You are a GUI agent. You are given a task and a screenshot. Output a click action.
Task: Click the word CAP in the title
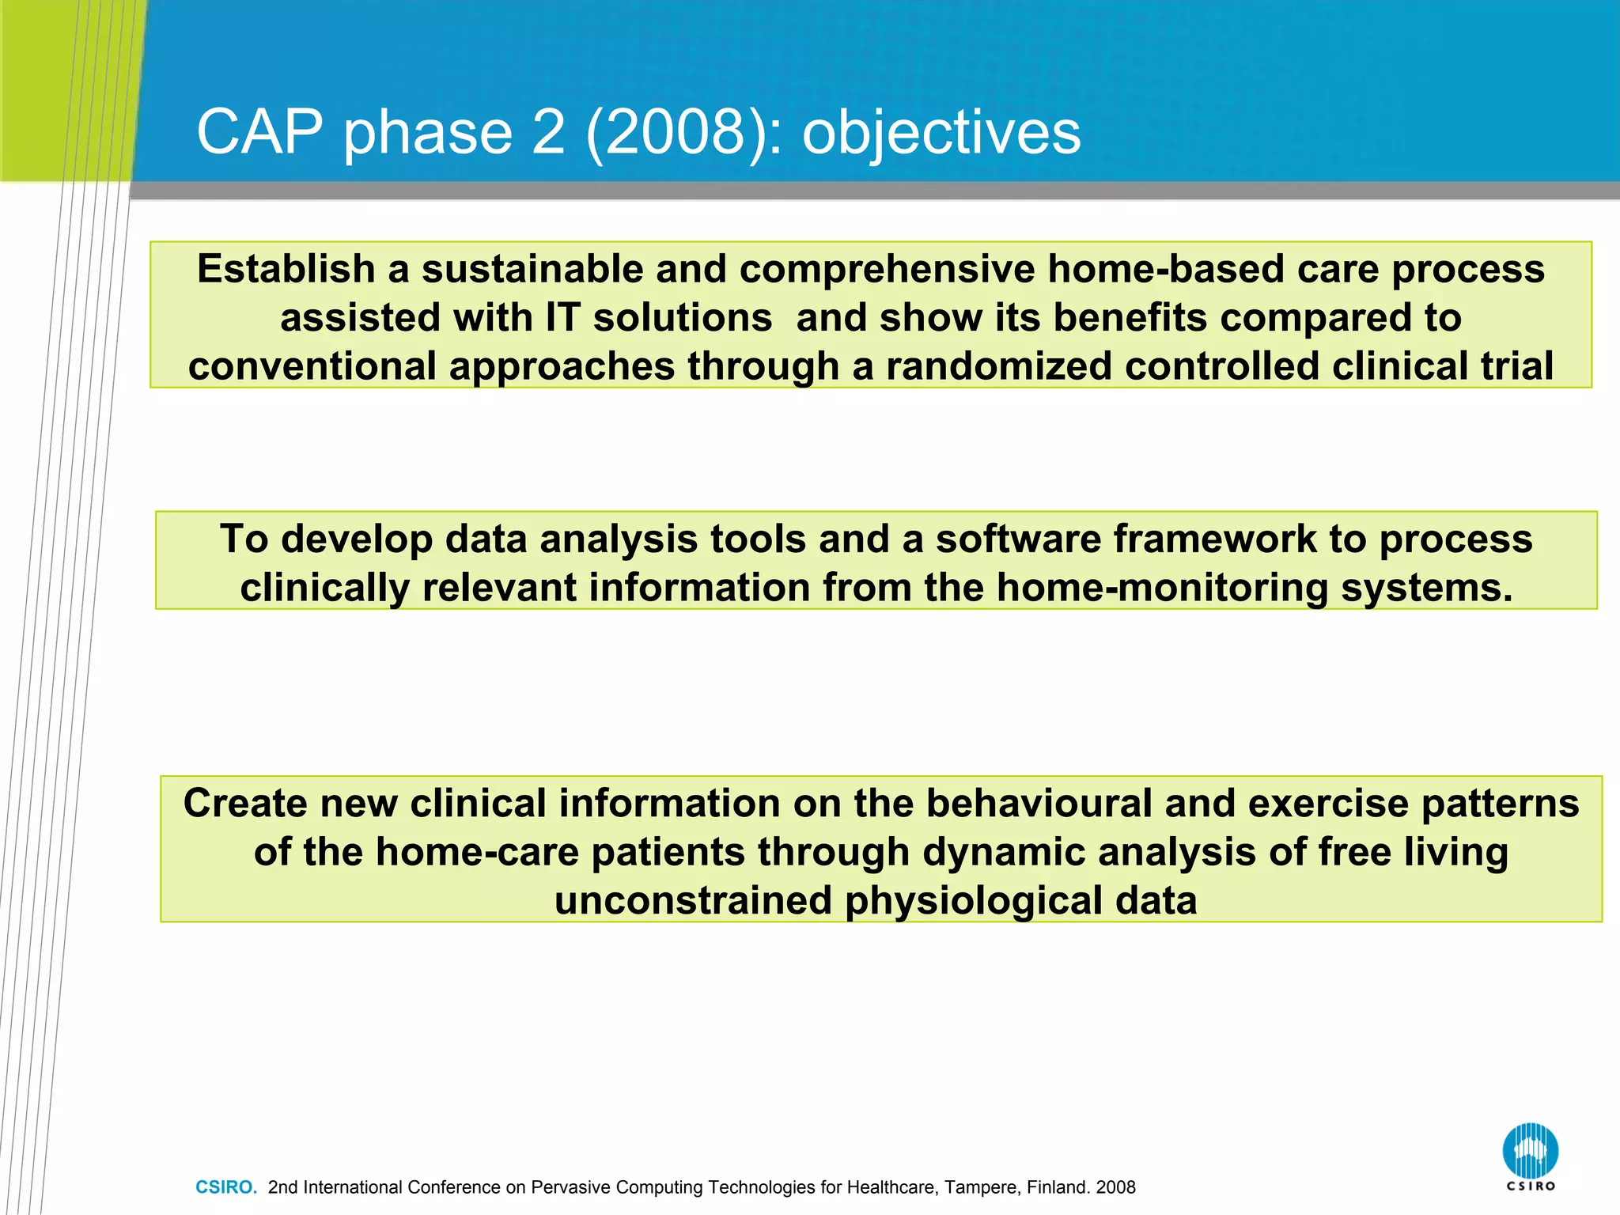[259, 132]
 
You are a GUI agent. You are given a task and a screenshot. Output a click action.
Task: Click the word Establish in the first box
[286, 269]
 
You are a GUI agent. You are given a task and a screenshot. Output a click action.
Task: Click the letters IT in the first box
[562, 318]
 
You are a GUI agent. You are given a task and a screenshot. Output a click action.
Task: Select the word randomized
[998, 367]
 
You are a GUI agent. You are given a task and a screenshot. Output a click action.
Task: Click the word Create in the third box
[245, 804]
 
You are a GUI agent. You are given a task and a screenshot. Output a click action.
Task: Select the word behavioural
[1039, 804]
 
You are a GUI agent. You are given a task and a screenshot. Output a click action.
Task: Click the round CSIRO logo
[1530, 1152]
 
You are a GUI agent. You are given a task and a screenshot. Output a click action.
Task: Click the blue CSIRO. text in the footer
[226, 1187]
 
